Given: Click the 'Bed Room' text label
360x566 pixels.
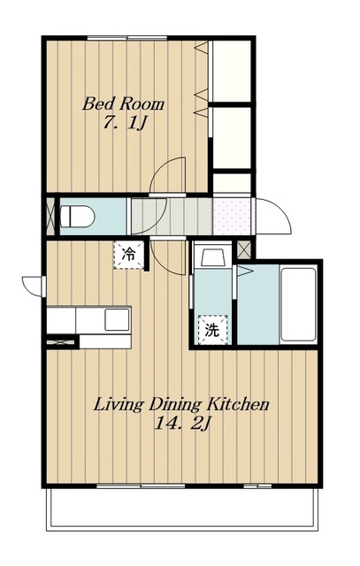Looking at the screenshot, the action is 124,104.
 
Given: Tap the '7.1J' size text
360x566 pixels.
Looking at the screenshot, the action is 125,123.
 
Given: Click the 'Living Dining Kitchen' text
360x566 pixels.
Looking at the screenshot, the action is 181,405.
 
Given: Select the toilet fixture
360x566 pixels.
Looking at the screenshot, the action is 77,217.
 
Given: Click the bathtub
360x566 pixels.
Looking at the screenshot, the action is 298,304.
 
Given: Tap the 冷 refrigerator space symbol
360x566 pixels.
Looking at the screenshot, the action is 128,255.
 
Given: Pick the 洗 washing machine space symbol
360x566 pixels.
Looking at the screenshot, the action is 212,330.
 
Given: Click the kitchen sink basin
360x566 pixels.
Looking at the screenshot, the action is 117,319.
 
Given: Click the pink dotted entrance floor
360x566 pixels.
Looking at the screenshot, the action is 232,217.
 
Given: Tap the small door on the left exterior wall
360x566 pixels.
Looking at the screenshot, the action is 34,287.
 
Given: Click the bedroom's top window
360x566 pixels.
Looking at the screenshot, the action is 127,38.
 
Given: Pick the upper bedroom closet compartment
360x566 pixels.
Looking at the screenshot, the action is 232,71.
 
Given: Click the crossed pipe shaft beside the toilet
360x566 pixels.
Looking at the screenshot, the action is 50,217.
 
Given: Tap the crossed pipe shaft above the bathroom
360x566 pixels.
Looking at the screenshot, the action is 243,249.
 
